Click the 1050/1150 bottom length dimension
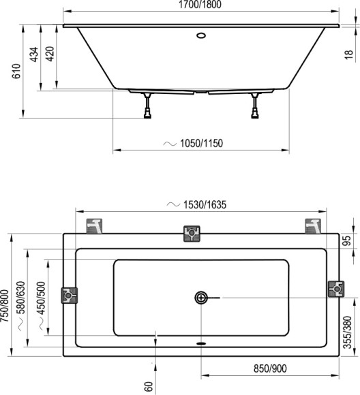[x=202, y=143]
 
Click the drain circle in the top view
[x=202, y=298]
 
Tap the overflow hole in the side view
[x=202, y=34]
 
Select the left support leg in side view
[x=147, y=106]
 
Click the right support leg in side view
[x=256, y=106]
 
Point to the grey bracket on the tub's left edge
[x=70, y=296]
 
